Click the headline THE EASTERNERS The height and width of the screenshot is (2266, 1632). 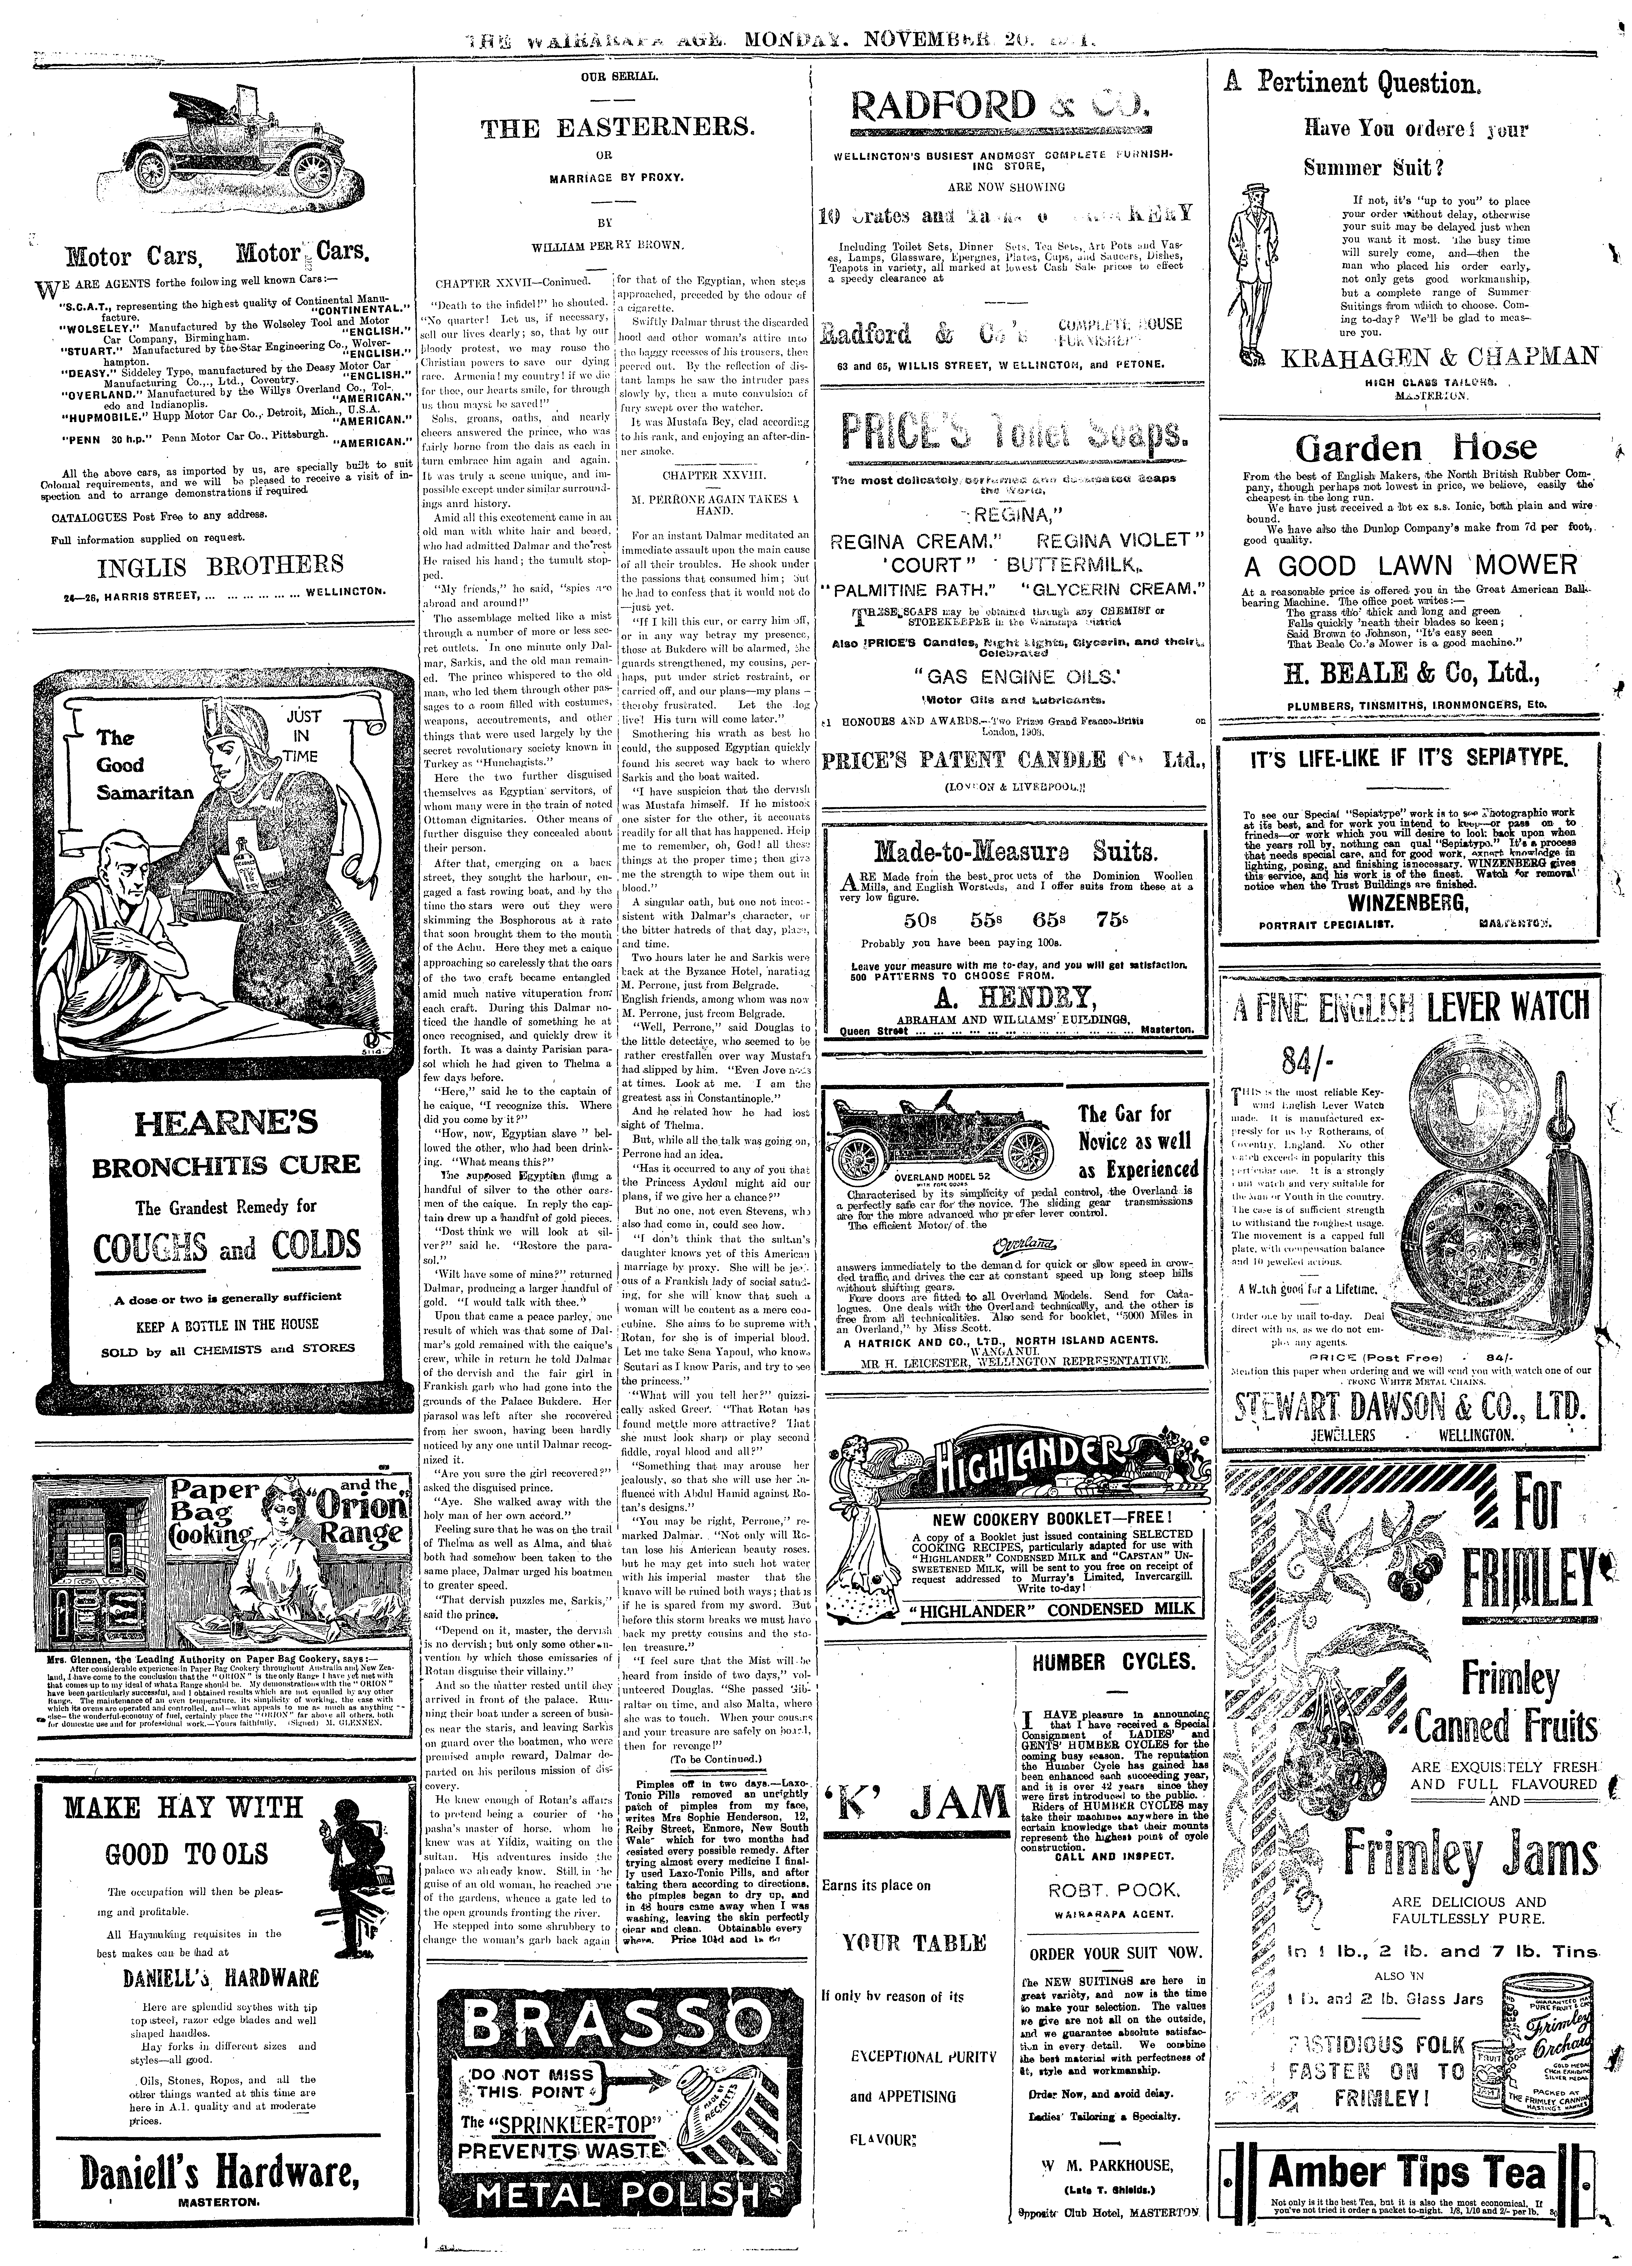tap(618, 128)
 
